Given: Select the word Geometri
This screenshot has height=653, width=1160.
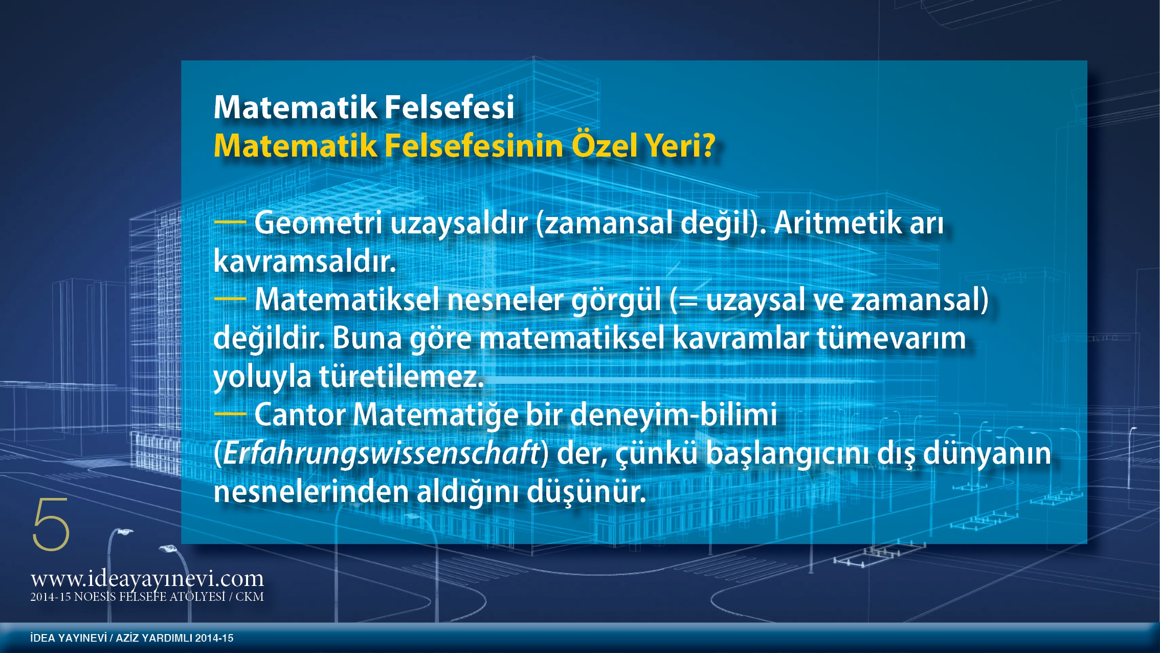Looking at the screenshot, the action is tap(318, 224).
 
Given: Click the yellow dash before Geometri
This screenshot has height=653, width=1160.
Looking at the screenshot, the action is tap(230, 222).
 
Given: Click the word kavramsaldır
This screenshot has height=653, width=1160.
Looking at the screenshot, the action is tap(305, 261).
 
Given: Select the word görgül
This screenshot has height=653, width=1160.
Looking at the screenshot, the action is tap(616, 301).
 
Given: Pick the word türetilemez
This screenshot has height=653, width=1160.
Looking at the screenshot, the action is tap(401, 376).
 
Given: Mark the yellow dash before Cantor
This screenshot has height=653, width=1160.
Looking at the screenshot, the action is tap(230, 413).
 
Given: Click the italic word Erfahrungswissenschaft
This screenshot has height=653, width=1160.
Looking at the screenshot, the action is tap(381, 454).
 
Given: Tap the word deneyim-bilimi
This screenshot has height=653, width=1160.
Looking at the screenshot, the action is tap(674, 415).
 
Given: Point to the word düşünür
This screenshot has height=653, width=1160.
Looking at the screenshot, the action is tap(587, 492).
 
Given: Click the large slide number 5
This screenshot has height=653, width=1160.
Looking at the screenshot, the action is tap(51, 524).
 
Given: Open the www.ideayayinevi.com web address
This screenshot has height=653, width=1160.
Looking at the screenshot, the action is tap(147, 579).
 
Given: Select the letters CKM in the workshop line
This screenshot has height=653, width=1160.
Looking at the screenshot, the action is tap(250, 597).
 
